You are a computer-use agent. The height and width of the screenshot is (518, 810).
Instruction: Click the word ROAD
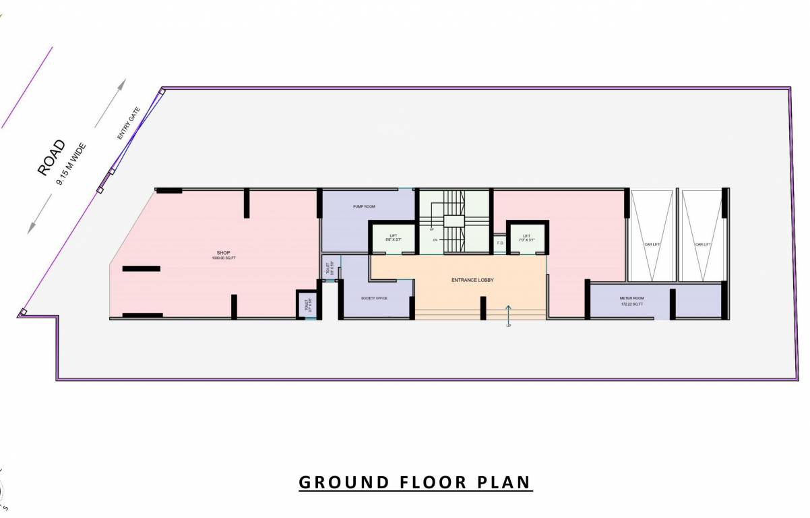(52, 157)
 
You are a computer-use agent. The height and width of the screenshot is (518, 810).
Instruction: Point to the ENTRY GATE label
(129, 123)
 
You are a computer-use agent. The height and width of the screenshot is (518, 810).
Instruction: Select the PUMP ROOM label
(364, 206)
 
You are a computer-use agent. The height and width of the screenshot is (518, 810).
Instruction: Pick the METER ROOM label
(632, 298)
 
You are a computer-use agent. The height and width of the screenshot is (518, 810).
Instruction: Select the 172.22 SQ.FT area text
(632, 305)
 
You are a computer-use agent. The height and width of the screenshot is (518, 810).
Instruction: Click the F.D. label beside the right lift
(500, 243)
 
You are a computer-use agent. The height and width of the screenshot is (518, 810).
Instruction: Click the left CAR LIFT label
(652, 244)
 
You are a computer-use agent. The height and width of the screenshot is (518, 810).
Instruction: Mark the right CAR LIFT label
(703, 244)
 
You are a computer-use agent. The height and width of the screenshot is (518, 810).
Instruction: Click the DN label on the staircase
(435, 239)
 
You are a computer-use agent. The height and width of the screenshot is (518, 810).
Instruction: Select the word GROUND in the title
(336, 483)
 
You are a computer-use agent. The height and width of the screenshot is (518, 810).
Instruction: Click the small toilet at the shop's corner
(306, 304)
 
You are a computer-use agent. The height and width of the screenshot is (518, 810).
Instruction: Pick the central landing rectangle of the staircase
(454, 221)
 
